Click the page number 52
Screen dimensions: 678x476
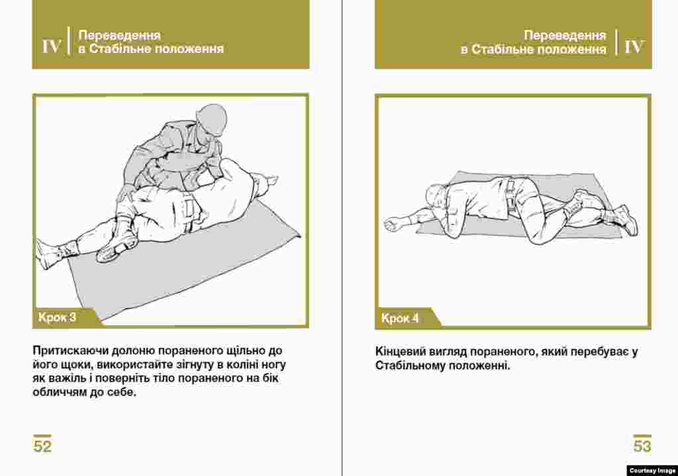coord(42,446)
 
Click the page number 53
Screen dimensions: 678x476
coord(642,446)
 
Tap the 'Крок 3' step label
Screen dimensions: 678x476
coord(57,317)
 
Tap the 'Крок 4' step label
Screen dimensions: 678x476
coord(400,318)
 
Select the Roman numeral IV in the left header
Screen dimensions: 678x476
coord(51,46)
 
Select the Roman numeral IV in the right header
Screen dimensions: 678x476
coord(634,46)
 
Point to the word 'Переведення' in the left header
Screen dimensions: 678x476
coord(119,35)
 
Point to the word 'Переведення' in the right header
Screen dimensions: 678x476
coord(565,35)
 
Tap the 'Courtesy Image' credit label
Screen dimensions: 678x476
coord(652,471)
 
